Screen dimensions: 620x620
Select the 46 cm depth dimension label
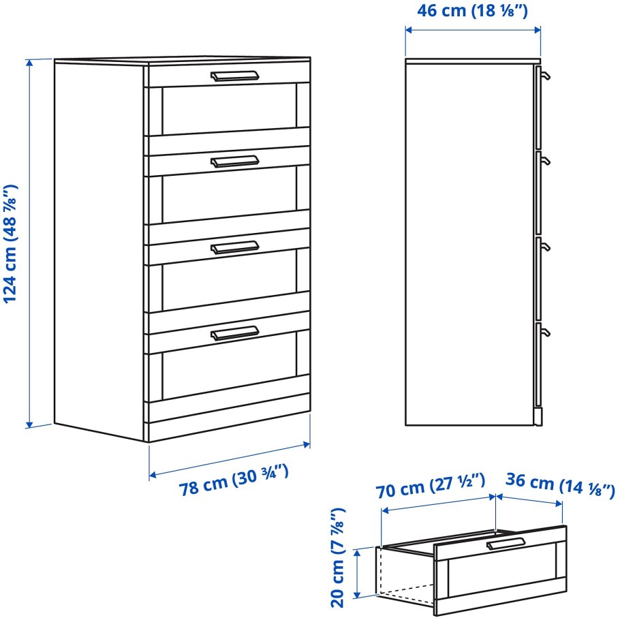coord(474,12)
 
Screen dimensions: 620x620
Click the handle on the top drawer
coord(234,76)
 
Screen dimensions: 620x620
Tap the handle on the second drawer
coord(234,161)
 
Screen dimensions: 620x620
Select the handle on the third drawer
coord(234,247)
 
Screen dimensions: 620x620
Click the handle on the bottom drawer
coord(234,332)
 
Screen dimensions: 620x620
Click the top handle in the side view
coord(543,76)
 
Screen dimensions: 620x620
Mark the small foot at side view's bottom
coord(538,417)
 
